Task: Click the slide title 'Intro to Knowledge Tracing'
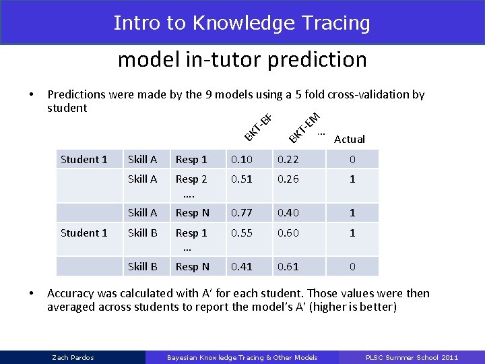click(242, 23)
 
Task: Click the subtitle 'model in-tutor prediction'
click(242, 59)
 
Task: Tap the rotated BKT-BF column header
click(258, 129)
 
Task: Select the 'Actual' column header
click(349, 140)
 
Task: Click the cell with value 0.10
click(242, 160)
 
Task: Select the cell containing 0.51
click(242, 179)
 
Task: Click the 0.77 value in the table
click(242, 213)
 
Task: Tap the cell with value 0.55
click(242, 233)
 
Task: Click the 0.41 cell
click(242, 267)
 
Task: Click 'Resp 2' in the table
click(191, 179)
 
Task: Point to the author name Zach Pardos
click(73, 357)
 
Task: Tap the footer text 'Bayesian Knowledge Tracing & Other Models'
click(242, 357)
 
